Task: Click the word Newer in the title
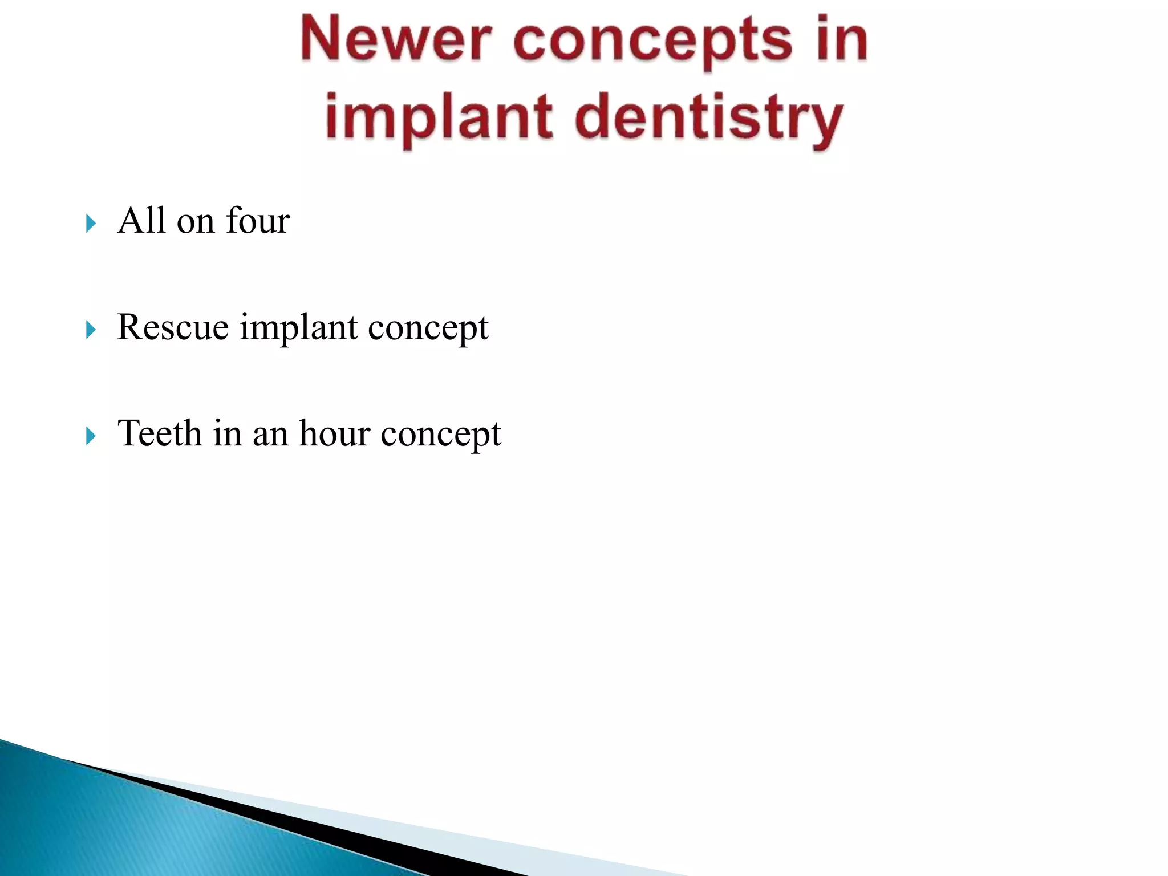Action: [x=395, y=40]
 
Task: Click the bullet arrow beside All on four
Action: [x=91, y=223]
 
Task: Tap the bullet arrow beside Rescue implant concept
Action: [x=91, y=330]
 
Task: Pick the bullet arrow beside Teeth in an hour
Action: [x=91, y=436]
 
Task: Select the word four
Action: [x=258, y=220]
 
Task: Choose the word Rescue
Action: [x=173, y=327]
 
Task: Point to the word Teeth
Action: [x=160, y=433]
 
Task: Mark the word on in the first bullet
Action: [x=195, y=222]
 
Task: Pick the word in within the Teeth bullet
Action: [x=228, y=433]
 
